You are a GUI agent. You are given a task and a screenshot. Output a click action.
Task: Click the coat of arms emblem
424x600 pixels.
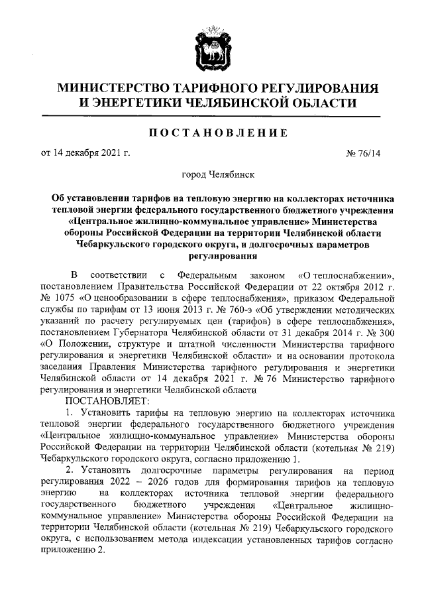point(211,45)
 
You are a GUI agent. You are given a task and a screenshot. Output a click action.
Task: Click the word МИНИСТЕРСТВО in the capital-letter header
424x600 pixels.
point(113,88)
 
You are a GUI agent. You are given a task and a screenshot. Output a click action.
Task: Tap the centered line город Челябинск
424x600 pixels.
point(212,176)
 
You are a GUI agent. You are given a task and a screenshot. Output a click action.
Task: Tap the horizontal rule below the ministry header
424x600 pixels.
point(212,117)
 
